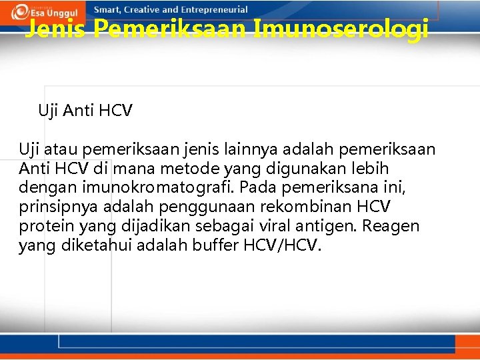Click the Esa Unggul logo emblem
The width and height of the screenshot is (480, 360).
coord(20,11)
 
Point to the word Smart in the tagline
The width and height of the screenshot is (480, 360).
coord(108,10)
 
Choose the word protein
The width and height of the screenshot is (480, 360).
coord(43,226)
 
